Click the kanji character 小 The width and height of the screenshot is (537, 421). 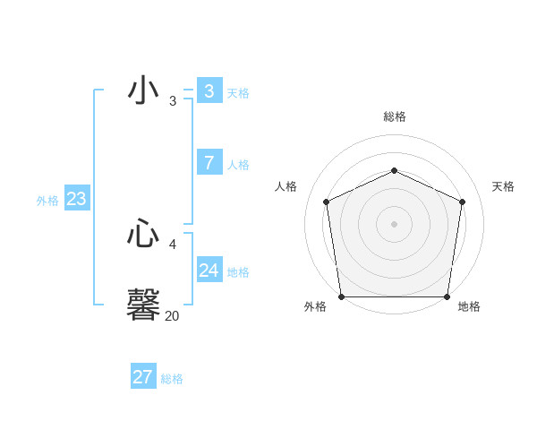(143, 91)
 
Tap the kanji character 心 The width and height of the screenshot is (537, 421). (143, 235)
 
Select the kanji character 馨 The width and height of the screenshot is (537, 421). (143, 304)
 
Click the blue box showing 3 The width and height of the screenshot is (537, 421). (209, 91)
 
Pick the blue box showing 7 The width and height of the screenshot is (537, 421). (209, 163)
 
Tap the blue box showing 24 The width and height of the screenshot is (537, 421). (209, 271)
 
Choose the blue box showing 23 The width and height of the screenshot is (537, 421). (76, 199)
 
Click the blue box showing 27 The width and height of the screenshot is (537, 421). (142, 377)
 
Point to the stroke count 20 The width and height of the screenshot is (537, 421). (172, 315)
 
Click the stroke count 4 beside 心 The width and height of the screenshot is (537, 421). (172, 244)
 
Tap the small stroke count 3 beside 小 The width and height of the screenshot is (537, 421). (172, 101)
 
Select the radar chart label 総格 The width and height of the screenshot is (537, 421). (394, 116)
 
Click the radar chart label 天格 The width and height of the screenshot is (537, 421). (503, 186)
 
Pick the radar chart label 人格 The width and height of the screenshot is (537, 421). (286, 186)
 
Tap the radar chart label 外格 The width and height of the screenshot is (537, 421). (315, 306)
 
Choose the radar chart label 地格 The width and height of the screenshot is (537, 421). (469, 306)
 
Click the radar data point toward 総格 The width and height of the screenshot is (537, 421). (394, 170)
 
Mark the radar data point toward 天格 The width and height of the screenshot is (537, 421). (462, 202)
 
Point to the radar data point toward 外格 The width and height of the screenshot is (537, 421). (342, 296)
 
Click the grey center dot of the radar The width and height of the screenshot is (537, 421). (394, 224)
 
